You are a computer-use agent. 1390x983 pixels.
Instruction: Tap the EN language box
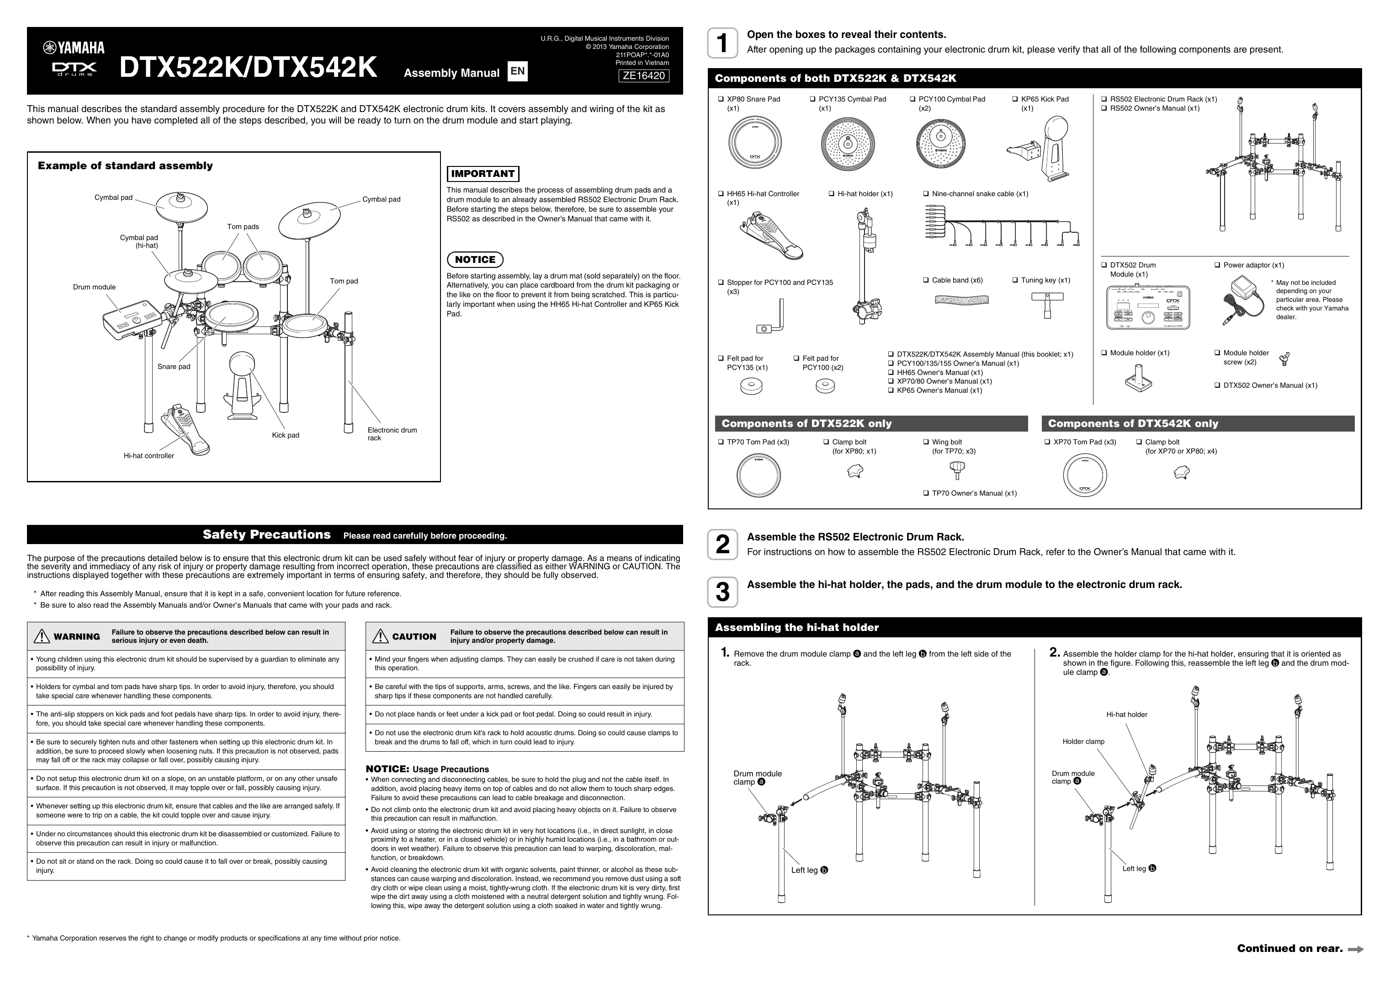click(517, 71)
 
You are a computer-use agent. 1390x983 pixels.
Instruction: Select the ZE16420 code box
click(643, 76)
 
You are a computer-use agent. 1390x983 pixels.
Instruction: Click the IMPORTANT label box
click(483, 174)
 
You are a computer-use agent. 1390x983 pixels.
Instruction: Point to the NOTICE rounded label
click(475, 260)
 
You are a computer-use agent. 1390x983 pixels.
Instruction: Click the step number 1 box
click(722, 43)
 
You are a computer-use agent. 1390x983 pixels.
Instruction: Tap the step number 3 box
click(722, 592)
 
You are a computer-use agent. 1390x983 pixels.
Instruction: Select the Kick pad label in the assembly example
click(285, 435)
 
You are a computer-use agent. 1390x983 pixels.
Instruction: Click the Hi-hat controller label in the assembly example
click(149, 456)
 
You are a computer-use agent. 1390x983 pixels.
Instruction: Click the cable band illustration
click(961, 299)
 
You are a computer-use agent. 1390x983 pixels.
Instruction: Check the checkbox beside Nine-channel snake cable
click(926, 194)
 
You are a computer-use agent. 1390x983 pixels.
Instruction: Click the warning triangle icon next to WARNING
click(42, 636)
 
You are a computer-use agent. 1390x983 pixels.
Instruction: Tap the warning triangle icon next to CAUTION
click(380, 636)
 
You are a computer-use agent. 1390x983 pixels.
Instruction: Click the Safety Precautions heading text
click(266, 535)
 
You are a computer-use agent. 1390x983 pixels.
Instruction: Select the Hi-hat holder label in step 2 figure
click(1127, 715)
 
